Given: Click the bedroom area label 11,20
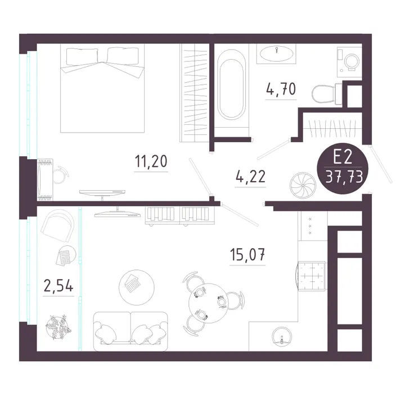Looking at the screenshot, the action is [151, 161].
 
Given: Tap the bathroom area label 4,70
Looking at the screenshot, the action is [281, 89].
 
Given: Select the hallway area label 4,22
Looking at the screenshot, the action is [250, 177].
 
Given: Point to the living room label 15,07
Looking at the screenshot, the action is [247, 254].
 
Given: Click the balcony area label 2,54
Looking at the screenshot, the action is [58, 286].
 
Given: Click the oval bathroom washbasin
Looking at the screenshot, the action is [276, 54].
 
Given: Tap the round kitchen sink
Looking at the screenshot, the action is [282, 336].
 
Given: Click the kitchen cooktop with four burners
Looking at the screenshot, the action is [312, 276].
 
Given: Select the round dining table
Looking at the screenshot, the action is [208, 303].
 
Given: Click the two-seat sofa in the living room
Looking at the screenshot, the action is [130, 331].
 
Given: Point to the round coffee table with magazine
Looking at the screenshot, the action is [137, 287].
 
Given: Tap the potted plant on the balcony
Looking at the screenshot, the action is [58, 327].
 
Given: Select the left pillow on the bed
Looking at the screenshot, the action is [83, 56].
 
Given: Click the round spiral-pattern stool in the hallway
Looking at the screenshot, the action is [303, 185].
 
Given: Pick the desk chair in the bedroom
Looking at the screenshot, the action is [61, 175].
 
